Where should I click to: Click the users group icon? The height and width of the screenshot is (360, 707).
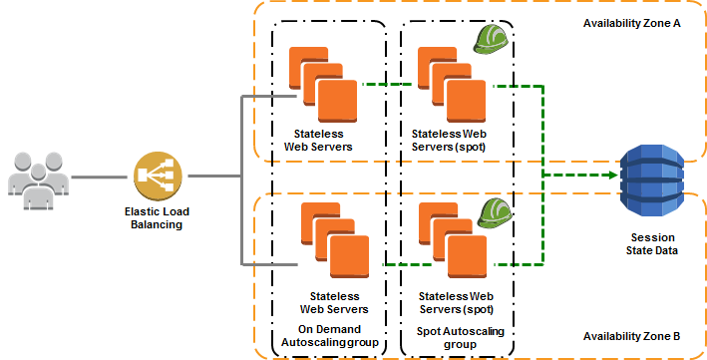39,176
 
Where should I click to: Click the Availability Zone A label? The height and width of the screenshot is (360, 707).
630,21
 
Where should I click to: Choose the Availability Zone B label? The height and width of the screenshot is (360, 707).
630,336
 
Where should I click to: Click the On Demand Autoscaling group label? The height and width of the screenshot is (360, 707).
329,336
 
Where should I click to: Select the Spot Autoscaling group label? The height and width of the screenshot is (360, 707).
455,336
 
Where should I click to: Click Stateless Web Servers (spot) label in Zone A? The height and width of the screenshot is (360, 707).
454,140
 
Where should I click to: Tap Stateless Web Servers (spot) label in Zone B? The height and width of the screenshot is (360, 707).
454,302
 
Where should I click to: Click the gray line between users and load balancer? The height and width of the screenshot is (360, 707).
104,177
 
